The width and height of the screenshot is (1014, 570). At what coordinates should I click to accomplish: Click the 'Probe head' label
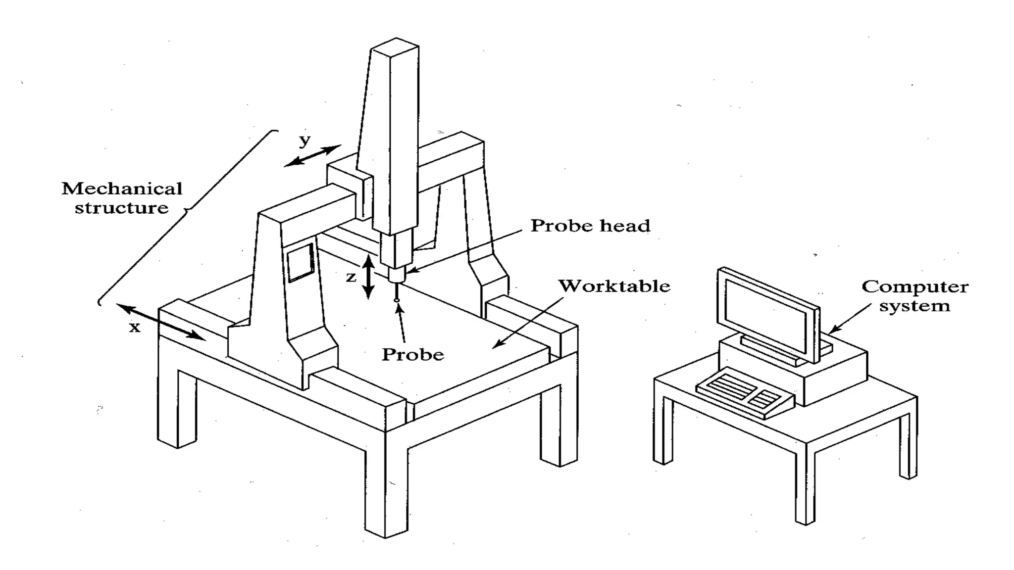[x=590, y=226]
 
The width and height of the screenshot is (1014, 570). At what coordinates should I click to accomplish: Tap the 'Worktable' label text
[x=614, y=286]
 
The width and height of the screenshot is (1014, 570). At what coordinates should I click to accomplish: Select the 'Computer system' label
[x=914, y=296]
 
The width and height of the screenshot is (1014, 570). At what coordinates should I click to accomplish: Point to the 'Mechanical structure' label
[x=122, y=198]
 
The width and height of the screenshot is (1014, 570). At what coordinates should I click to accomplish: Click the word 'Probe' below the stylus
[x=413, y=354]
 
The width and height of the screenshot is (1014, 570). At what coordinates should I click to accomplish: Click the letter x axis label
[x=135, y=327]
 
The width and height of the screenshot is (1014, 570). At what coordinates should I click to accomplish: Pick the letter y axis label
[x=304, y=141]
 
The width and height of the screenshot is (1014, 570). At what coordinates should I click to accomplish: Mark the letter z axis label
[x=351, y=277]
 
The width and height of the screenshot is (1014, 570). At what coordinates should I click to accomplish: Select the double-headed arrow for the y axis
[x=313, y=155]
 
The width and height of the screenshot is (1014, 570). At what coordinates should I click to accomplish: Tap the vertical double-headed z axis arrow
[x=367, y=277]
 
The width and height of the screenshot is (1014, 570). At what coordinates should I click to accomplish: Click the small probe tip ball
[x=397, y=300]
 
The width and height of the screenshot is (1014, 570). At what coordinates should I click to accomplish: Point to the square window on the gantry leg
[x=301, y=262]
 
